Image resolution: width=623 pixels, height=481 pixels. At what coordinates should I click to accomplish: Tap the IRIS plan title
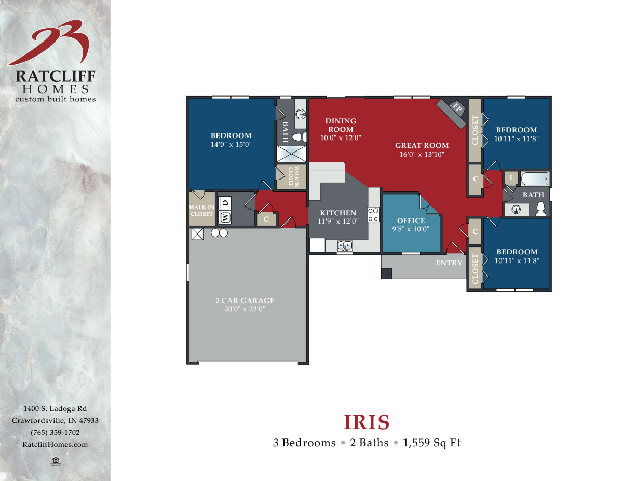(367, 422)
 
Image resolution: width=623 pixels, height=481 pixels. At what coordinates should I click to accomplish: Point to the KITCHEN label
(338, 213)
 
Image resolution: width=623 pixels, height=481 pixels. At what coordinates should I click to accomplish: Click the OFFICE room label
(411, 221)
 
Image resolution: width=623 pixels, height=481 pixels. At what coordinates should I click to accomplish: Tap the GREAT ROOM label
(422, 145)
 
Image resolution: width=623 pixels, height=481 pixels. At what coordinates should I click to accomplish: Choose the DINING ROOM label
(341, 125)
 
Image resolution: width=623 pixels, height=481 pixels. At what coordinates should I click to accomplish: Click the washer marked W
(226, 217)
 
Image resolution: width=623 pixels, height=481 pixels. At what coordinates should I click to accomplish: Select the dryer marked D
(226, 203)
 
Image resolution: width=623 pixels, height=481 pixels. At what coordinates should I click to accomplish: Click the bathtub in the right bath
(534, 179)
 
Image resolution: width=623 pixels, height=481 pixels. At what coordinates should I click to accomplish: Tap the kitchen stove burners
(373, 214)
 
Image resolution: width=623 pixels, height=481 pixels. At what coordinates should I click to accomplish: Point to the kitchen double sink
(345, 245)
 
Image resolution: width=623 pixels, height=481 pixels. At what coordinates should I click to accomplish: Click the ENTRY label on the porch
(449, 263)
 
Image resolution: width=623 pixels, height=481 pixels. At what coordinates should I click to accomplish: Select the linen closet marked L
(511, 177)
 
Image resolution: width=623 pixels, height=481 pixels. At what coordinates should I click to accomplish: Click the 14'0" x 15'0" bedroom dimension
(232, 145)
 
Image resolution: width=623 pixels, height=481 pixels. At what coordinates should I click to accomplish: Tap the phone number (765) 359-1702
(55, 432)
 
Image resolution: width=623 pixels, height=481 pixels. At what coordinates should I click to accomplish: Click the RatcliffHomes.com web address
(55, 444)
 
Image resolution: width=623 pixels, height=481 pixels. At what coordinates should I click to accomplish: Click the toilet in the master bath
(297, 138)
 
